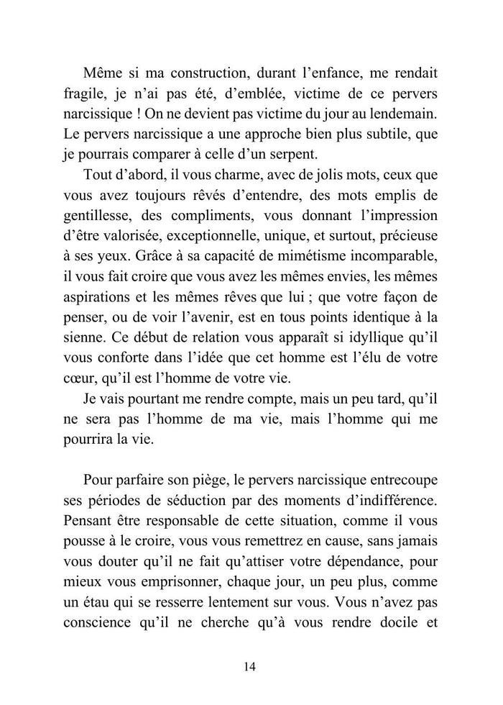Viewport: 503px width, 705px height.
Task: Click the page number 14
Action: pos(250,666)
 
